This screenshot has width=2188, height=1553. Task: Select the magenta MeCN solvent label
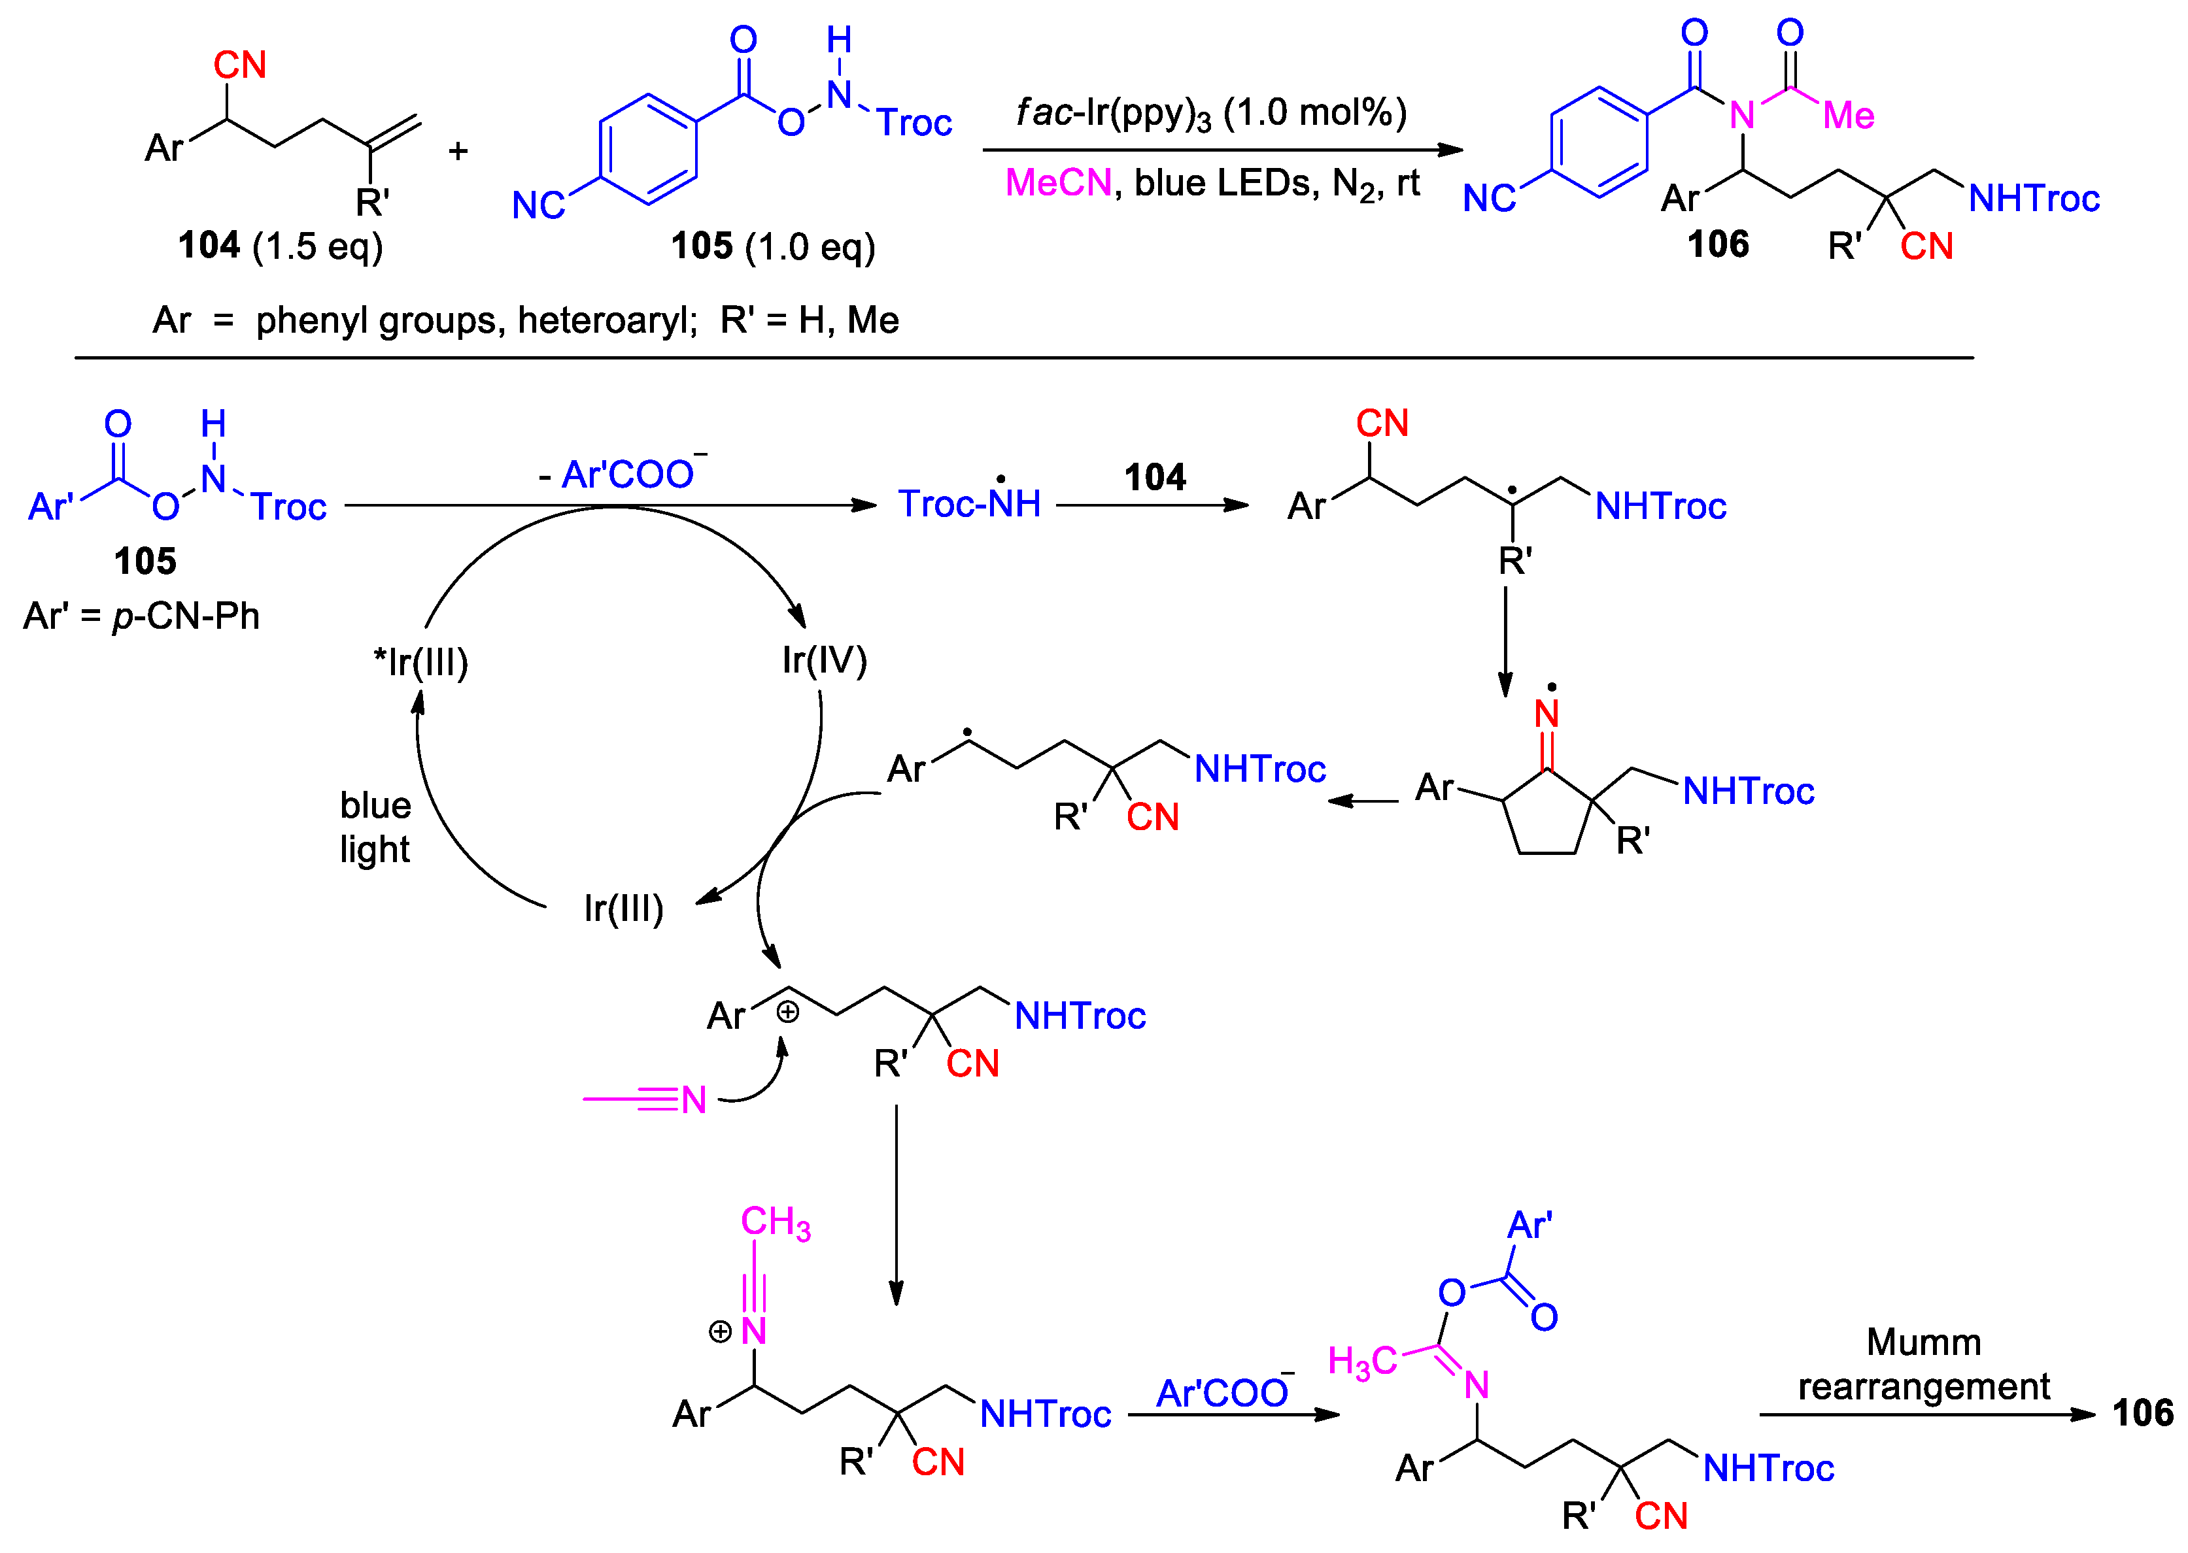1057,182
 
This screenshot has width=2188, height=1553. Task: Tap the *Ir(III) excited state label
421,661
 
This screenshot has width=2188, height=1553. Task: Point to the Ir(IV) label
824,660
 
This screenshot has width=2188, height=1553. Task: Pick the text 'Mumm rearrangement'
1923,1363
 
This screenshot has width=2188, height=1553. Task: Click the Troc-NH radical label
968,503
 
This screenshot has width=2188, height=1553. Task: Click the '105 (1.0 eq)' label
772,246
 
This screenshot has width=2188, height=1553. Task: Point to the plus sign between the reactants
458,151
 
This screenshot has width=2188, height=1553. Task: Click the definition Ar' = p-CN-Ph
142,616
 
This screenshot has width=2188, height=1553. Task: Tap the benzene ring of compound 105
647,149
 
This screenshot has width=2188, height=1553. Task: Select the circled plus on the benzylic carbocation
787,1012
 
